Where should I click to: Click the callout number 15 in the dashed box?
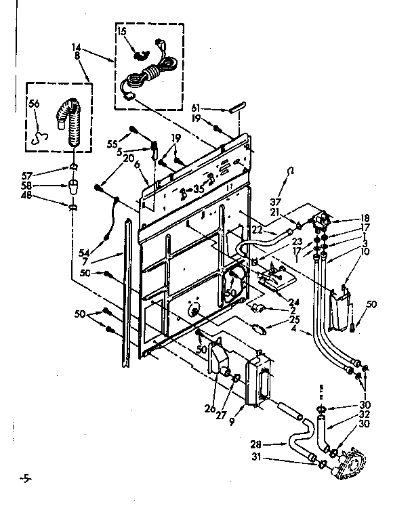[x=122, y=32]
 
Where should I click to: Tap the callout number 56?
[x=33, y=104]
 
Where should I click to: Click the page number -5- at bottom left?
[x=25, y=479]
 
